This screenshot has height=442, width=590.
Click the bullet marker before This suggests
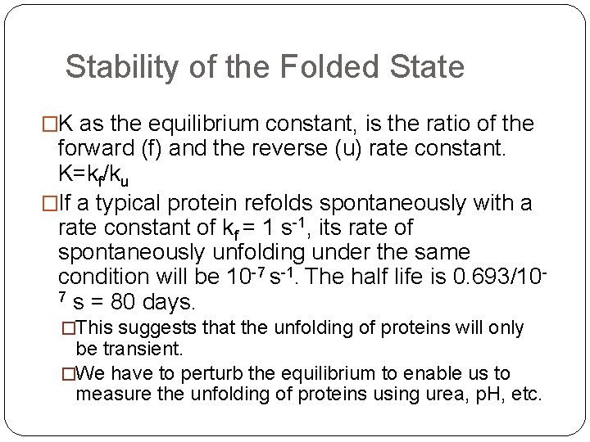pyautogui.click(x=66, y=328)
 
